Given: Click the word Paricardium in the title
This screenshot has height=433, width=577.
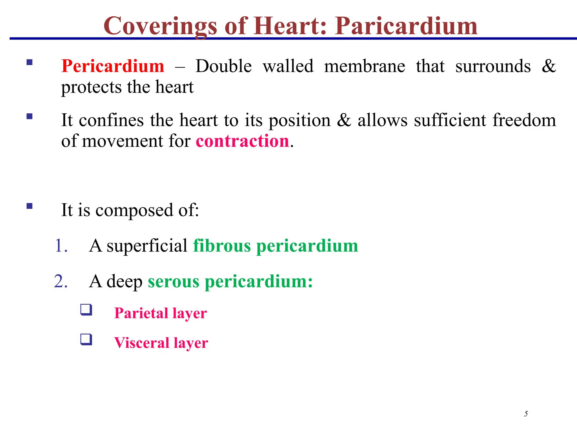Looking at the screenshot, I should tap(406, 26).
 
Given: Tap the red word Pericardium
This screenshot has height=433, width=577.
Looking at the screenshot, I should tap(113, 66).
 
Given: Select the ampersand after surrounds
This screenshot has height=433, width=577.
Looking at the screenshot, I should tap(548, 66).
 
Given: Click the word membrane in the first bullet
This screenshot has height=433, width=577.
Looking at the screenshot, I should tap(365, 66).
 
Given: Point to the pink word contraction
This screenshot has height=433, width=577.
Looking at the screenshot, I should tap(242, 141).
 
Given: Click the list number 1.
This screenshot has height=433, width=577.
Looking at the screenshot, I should tap(61, 246).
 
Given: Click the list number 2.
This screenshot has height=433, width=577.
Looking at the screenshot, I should tap(61, 281).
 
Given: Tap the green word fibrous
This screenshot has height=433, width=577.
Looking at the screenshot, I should tap(222, 246).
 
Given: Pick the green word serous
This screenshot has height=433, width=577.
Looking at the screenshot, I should tap(173, 281).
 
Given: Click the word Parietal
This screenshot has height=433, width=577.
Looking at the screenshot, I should tap(141, 313).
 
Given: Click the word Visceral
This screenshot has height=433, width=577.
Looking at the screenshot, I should tap(141, 343).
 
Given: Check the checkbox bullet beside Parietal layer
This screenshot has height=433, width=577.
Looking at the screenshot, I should tap(86, 310).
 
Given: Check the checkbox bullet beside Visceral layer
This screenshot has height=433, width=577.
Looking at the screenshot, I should tap(86, 339).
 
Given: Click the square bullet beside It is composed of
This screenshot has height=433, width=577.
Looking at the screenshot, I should tap(30, 206).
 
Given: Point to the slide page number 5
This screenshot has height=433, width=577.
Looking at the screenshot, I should tap(526, 414).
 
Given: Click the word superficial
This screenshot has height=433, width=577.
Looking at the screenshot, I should tap(147, 246).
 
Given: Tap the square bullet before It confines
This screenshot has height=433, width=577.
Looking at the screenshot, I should tap(30, 116).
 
